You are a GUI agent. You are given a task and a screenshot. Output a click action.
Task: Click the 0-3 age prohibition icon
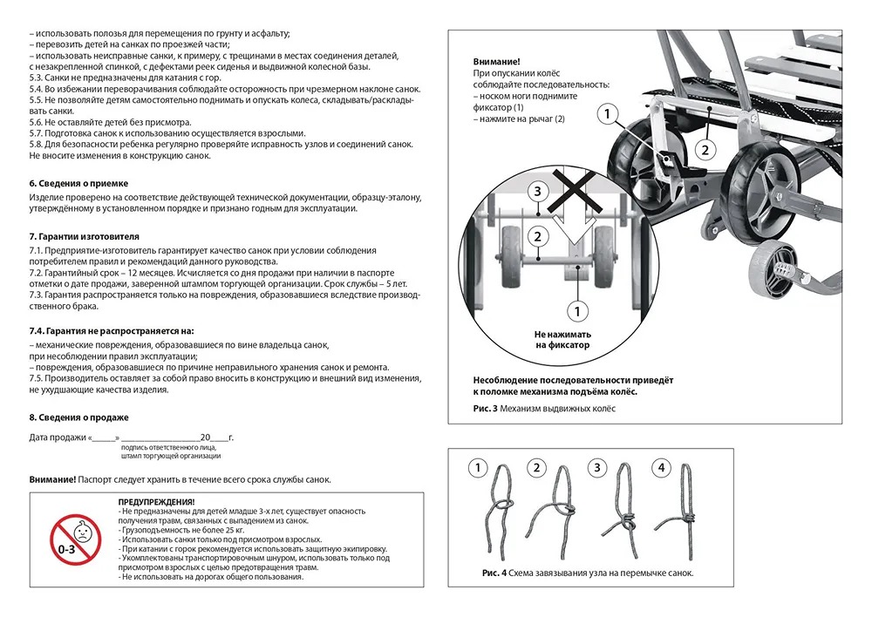click(x=75, y=539)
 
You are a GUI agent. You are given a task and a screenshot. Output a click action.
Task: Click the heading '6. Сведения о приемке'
click(x=78, y=183)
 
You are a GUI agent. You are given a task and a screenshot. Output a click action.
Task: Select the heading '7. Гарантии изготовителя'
click(x=84, y=236)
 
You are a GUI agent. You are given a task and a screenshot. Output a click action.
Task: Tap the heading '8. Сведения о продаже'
click(x=78, y=417)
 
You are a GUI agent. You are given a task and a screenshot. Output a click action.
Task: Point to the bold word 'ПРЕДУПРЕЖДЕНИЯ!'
click(x=156, y=503)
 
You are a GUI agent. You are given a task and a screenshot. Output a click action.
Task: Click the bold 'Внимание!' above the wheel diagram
click(x=496, y=62)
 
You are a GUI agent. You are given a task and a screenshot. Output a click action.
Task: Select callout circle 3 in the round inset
click(x=539, y=190)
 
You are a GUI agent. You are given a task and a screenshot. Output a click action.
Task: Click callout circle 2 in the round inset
click(x=539, y=235)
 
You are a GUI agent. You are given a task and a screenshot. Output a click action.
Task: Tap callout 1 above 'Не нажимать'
click(x=575, y=308)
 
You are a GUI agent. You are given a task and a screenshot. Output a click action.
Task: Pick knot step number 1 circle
click(x=477, y=468)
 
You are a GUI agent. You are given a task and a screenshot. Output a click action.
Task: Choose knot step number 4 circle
click(x=661, y=468)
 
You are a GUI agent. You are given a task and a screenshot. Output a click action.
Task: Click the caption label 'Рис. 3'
click(x=485, y=409)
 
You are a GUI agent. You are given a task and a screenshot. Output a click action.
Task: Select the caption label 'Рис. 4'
click(x=493, y=573)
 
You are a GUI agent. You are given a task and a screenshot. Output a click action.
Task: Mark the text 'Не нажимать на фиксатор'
click(x=563, y=340)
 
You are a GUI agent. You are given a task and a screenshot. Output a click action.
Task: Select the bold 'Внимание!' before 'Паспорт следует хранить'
click(x=51, y=479)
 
